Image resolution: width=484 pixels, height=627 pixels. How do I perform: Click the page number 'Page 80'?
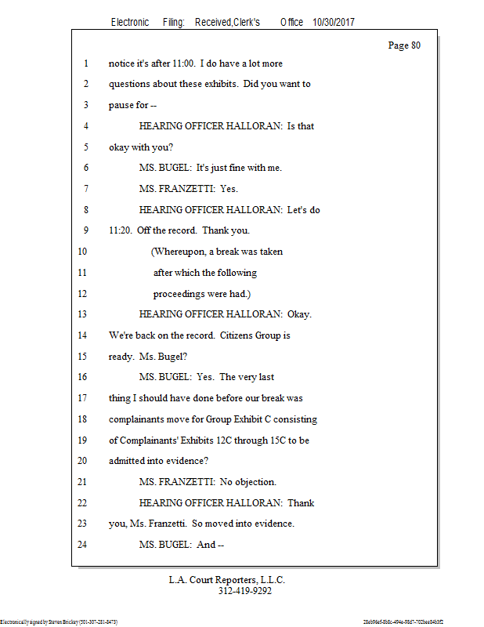(404, 45)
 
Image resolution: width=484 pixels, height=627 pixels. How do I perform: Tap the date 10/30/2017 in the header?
(333, 23)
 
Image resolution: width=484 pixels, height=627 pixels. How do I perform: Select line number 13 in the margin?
(85, 314)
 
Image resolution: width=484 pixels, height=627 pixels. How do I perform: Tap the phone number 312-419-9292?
(245, 592)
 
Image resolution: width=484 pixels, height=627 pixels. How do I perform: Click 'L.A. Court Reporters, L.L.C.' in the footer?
(227, 580)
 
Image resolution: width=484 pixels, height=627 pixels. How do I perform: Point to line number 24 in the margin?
(85, 545)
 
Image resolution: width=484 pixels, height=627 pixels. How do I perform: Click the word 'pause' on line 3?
(121, 106)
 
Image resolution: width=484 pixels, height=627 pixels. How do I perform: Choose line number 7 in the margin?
(85, 189)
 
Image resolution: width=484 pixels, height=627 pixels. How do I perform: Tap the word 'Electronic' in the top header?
(130, 23)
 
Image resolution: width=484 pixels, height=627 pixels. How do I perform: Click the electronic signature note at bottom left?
(59, 622)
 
